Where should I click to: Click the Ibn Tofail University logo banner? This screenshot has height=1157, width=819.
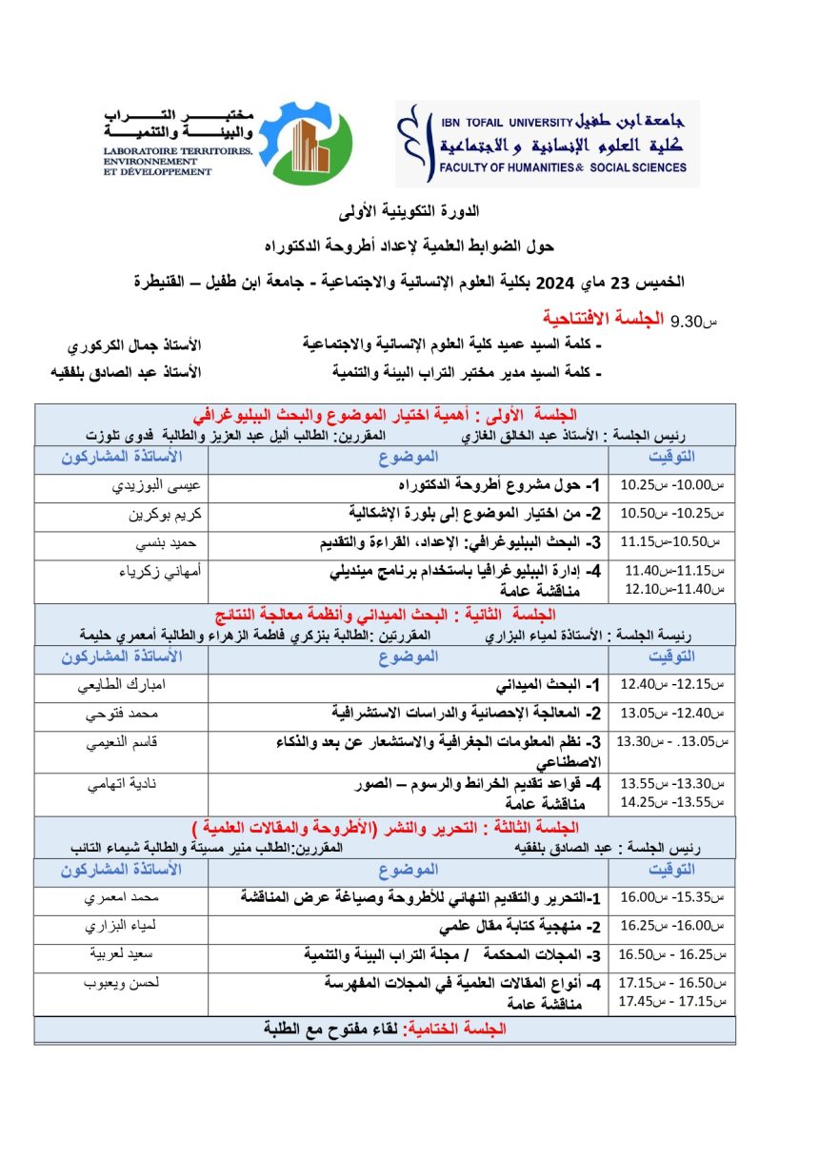tap(548, 144)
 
